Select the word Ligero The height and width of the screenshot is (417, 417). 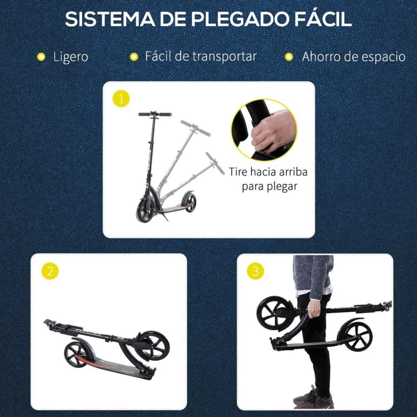click(x=70, y=57)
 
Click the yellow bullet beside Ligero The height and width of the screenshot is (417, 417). click(x=41, y=57)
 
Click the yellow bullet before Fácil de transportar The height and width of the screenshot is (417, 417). click(x=134, y=57)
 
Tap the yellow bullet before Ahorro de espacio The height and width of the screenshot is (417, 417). click(x=289, y=57)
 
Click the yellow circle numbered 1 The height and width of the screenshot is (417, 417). click(x=121, y=99)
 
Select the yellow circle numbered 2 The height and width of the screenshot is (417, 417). click(x=50, y=271)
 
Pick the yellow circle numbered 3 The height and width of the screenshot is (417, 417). click(x=255, y=271)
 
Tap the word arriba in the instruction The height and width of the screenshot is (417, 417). click(x=291, y=172)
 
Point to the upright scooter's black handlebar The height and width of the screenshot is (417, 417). click(x=155, y=114)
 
